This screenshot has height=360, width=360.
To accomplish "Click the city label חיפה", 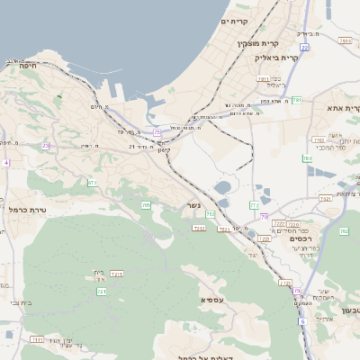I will point(27,65).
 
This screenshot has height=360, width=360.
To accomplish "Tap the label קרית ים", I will point(233,21).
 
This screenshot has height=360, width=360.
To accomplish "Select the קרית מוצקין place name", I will point(258,43).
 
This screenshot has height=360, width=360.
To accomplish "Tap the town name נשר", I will point(193,204).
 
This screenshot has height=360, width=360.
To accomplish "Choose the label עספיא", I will point(213,299).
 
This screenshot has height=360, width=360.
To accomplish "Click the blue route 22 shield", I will point(305,47).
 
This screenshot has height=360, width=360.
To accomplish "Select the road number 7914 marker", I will point(345,40).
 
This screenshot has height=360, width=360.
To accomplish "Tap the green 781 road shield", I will point(296,101).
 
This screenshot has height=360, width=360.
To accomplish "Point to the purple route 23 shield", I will point(46,145).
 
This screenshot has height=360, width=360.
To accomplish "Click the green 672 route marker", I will point(92,182).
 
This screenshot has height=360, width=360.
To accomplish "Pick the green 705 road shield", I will point(146,205).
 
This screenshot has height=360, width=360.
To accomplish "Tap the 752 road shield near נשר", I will point(211,213).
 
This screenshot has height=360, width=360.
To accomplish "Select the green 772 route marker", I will point(255,206).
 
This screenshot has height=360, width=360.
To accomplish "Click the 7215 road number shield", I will point(116,273).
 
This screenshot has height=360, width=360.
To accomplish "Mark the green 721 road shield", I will point(102,292).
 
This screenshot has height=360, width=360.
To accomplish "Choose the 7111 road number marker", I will point(37,339).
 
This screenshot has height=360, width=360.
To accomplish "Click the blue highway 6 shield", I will point(303,320).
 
